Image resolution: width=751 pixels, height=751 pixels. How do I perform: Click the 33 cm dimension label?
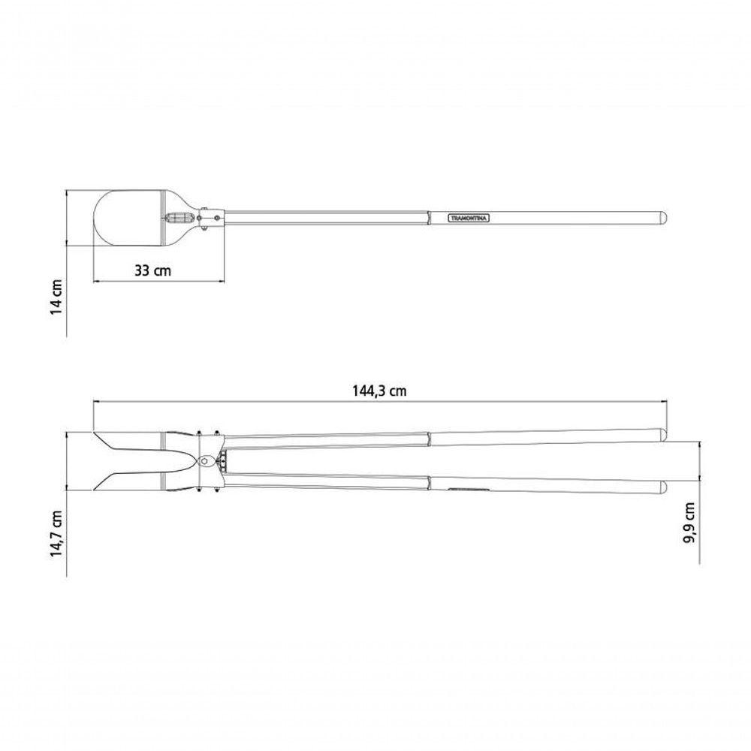pos(152,270)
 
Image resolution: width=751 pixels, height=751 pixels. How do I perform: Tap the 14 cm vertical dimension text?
pos(56,297)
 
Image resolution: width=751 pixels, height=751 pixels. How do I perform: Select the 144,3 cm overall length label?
pos(379,391)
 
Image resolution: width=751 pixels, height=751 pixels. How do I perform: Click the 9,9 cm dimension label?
pos(689,523)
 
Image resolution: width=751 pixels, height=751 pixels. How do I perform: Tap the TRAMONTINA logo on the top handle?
pos(469,219)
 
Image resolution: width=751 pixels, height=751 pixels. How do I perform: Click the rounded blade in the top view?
pos(129,219)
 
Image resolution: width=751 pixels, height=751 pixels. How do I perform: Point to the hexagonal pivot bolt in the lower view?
pos(206,460)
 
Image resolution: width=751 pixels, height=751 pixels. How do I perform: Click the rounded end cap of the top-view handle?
pos(662,218)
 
